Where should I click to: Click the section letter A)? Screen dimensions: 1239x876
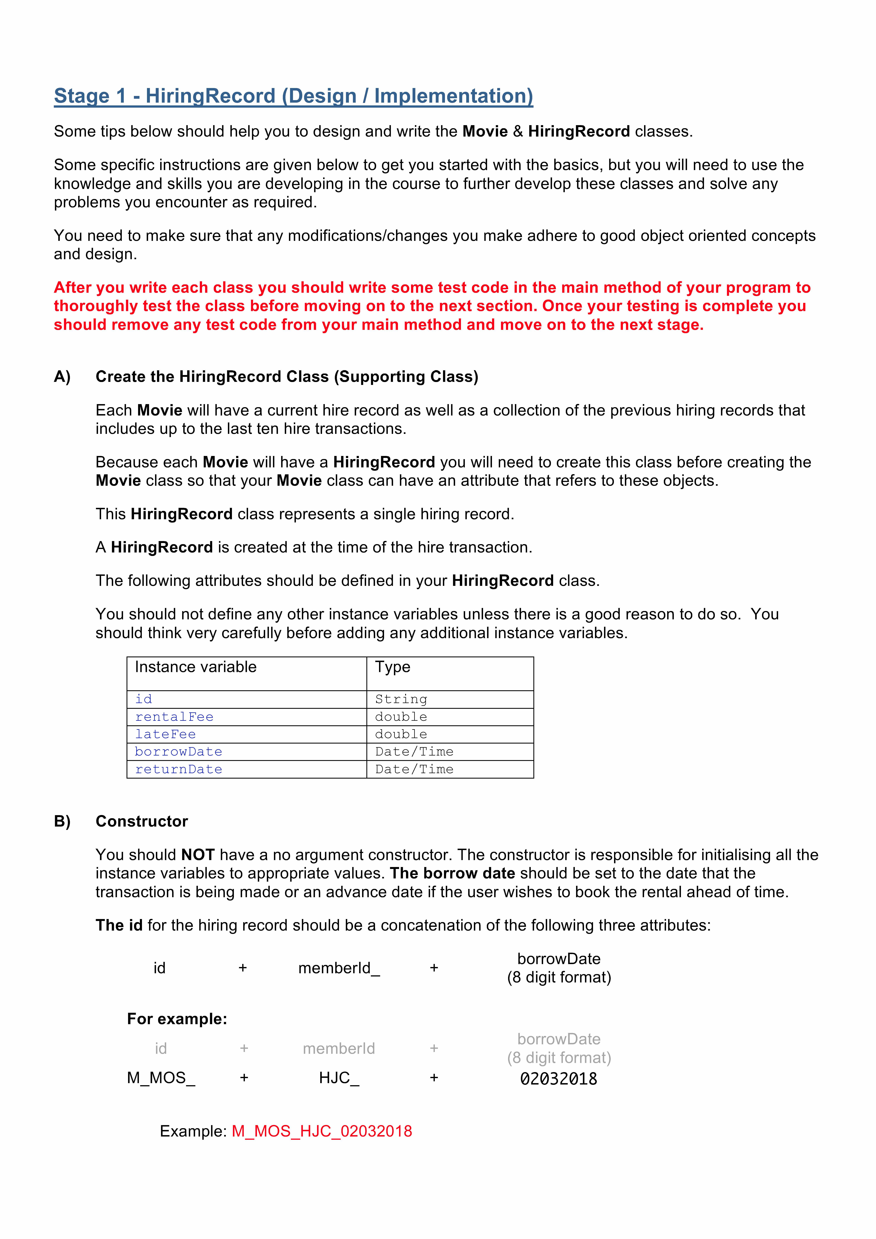tap(62, 377)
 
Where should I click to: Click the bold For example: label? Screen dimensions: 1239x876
tap(177, 1019)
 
